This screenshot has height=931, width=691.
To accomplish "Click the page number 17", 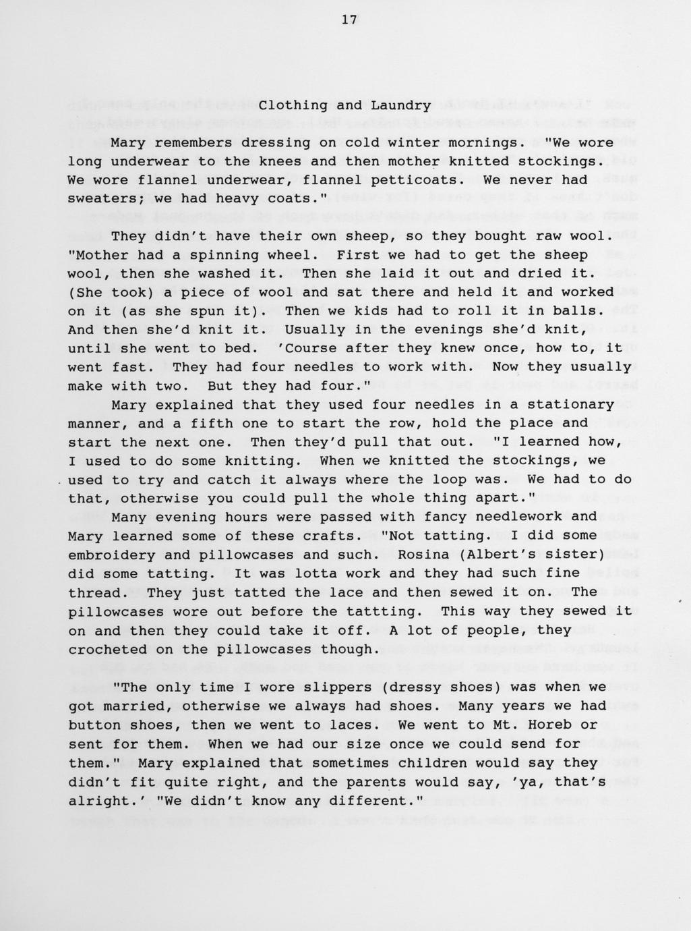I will pyautogui.click(x=349, y=20).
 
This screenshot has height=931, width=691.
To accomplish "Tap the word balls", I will pyautogui.click(x=579, y=311).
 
